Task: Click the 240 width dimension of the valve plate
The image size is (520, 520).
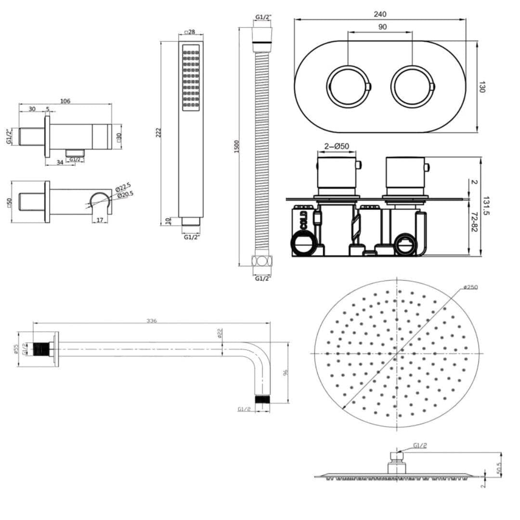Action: pos(380,14)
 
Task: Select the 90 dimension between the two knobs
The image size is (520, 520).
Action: pos(382,27)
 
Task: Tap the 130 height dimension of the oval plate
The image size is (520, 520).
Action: pos(482,87)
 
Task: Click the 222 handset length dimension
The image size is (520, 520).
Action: pos(158,132)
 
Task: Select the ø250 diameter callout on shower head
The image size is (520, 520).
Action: pos(470,287)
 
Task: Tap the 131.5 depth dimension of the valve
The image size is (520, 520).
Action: pos(485,206)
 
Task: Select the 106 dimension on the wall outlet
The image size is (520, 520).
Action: pos(65,101)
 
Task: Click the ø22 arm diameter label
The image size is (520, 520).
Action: pos(220,333)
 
